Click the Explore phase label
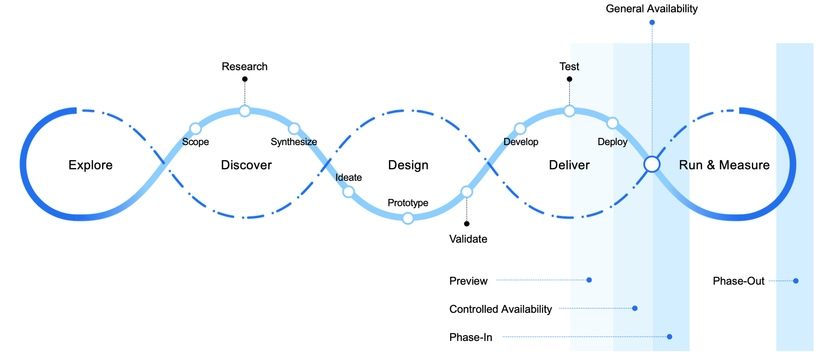[90, 165]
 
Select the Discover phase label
[246, 165]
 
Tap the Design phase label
[408, 165]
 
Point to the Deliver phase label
[569, 165]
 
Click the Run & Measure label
[724, 165]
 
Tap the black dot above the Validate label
[467, 224]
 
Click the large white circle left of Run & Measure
[652, 164]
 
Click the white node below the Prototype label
[408, 218]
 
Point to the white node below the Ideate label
[348, 192]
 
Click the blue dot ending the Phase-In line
[669, 337]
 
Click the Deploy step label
[612, 142]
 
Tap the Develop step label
[521, 142]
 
